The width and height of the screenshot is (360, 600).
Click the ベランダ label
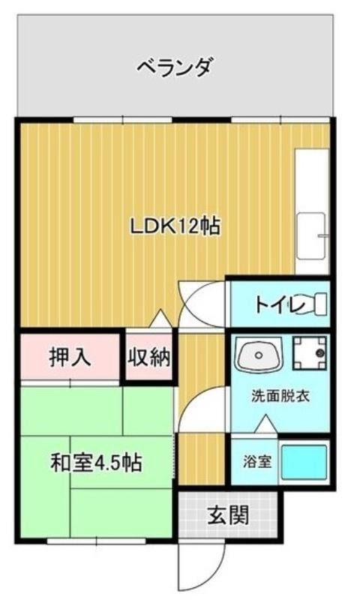(174, 67)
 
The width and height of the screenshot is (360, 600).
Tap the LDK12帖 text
(175, 226)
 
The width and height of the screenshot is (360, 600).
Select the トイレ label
(280, 305)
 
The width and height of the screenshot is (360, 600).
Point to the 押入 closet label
(70, 357)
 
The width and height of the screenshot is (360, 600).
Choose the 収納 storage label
(148, 357)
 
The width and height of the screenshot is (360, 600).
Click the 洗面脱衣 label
(280, 396)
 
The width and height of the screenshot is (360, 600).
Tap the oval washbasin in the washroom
(259, 354)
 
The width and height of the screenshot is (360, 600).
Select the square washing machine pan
(310, 353)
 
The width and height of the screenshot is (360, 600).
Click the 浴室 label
(257, 461)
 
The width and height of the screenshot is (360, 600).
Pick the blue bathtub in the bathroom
(304, 463)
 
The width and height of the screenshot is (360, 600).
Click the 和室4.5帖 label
(96, 463)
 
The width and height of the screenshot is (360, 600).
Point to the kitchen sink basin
(311, 236)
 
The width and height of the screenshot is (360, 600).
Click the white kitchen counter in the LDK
(312, 211)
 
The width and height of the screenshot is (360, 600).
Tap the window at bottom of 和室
(97, 541)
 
